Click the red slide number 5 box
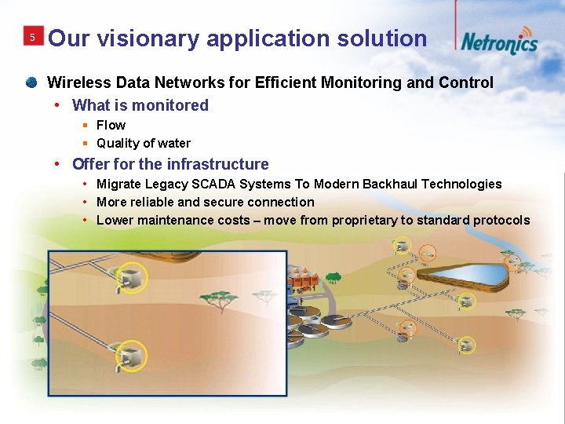32,38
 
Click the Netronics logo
499,42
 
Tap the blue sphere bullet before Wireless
31,82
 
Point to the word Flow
111,125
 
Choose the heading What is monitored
140,105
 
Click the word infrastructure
217,164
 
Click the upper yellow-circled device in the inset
134,276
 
